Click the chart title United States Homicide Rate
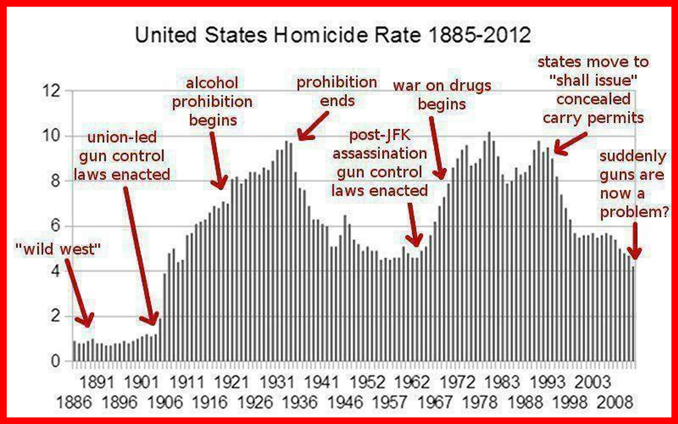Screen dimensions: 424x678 (x=332, y=35)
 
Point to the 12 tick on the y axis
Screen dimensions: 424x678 (x=52, y=91)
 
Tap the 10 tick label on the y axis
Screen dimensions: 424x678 (x=52, y=136)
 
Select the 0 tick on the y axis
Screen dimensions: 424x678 (x=55, y=361)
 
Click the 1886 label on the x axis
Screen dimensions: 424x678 (x=74, y=402)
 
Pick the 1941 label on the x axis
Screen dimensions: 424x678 (x=321, y=383)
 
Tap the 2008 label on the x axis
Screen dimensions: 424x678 (x=616, y=402)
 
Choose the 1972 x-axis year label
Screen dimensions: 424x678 (x=457, y=383)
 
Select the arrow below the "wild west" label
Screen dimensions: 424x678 (x=77, y=294)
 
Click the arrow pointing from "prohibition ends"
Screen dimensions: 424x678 (x=314, y=126)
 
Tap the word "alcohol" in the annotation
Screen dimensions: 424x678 (x=212, y=83)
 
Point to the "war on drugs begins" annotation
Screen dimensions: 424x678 (x=442, y=95)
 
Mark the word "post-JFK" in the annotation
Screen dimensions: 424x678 (x=380, y=135)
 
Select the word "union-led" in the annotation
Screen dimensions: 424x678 (x=122, y=137)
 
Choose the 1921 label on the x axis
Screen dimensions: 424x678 (x=231, y=383)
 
